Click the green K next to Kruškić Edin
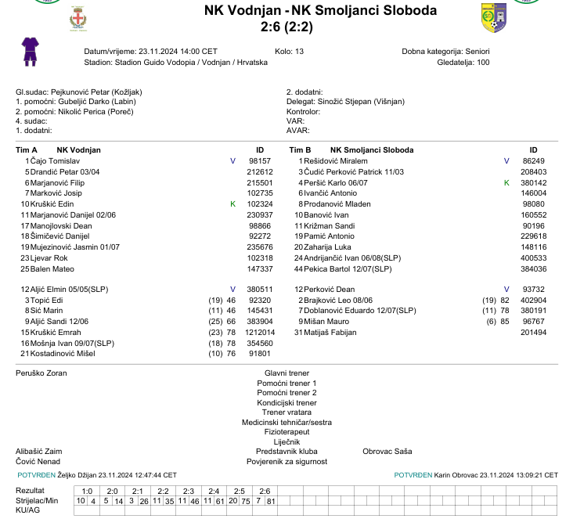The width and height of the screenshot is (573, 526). pos(232,204)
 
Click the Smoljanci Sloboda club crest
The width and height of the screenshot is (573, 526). pos(493,17)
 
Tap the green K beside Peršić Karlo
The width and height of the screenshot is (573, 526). pos(506,182)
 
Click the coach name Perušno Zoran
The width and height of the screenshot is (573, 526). pos(41,373)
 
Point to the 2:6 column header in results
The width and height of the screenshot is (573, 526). pos(265,491)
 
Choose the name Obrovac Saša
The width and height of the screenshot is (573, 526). pos(387,452)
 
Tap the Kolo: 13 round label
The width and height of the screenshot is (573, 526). pos(290,52)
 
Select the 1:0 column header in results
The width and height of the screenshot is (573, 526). pos(86,491)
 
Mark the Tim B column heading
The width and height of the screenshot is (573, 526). pos(300,150)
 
